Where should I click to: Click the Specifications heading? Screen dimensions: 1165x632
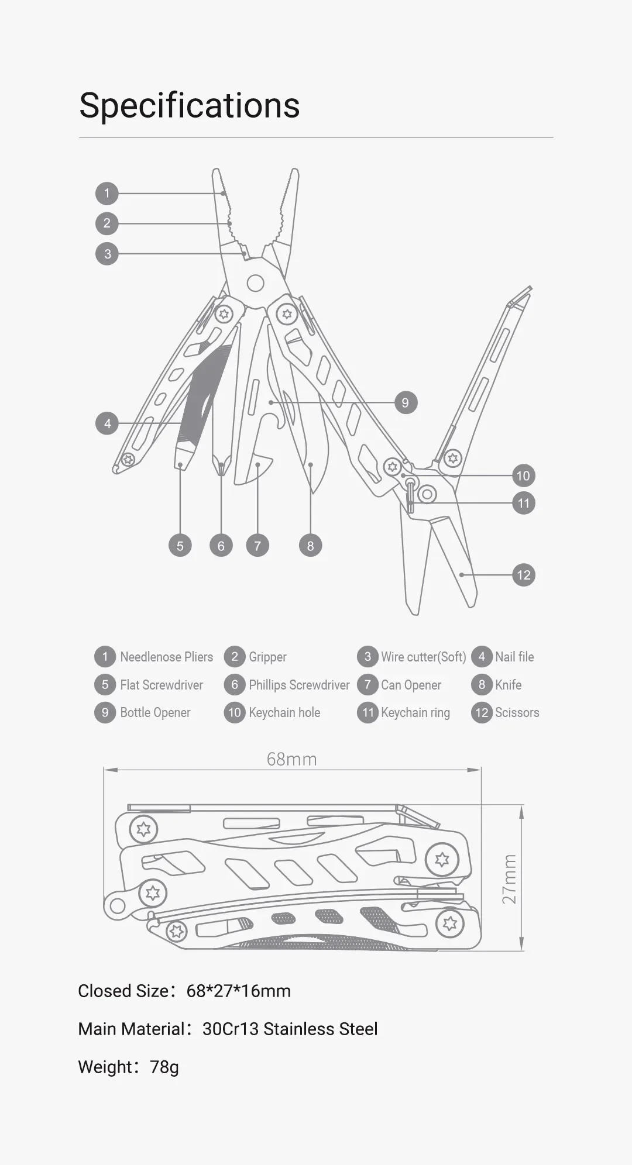tap(189, 105)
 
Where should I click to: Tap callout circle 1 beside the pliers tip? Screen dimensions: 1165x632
tap(107, 193)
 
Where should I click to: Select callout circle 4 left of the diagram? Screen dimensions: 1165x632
tap(107, 423)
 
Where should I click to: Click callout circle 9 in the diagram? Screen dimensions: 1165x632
tap(405, 402)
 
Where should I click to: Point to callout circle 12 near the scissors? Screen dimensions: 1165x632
tap(523, 575)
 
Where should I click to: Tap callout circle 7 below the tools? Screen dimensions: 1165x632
tap(257, 546)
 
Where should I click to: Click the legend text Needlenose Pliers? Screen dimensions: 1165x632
tap(166, 657)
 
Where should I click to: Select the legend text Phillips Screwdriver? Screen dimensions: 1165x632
tap(298, 685)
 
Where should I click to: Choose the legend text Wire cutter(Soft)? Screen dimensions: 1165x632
tap(423, 657)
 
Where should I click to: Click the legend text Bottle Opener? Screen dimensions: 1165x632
tap(155, 712)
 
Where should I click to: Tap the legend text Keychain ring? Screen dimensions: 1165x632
tap(415, 712)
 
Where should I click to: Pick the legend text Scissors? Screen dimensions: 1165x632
tap(517, 712)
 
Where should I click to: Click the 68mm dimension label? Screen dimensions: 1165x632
tap(291, 759)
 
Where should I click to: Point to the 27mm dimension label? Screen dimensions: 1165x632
tap(510, 879)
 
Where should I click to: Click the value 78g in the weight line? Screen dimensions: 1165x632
tap(164, 1067)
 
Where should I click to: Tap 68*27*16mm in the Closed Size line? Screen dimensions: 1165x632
tap(238, 991)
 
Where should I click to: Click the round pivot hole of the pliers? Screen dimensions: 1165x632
tap(255, 283)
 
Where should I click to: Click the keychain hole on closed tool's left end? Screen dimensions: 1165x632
tap(118, 906)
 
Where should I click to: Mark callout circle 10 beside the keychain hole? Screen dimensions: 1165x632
tap(523, 475)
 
